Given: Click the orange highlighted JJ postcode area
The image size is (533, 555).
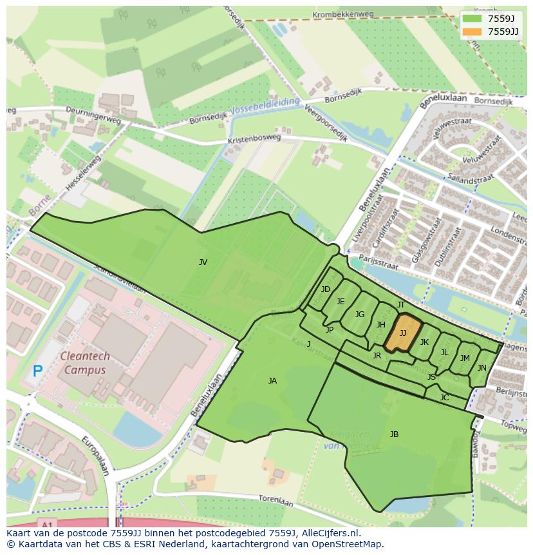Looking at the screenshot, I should click(403, 333).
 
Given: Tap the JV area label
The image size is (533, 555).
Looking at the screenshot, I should click(203, 262).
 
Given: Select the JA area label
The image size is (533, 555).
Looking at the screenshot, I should click(272, 381).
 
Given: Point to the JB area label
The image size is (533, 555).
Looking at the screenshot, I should click(394, 434).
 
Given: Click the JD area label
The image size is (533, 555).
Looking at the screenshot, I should click(325, 289).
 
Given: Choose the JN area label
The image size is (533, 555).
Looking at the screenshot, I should click(482, 368).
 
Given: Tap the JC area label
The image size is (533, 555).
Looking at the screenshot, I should click(444, 398).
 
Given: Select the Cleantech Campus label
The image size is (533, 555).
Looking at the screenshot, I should click(85, 363).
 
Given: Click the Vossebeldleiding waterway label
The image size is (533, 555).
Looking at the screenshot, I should click(265, 106).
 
